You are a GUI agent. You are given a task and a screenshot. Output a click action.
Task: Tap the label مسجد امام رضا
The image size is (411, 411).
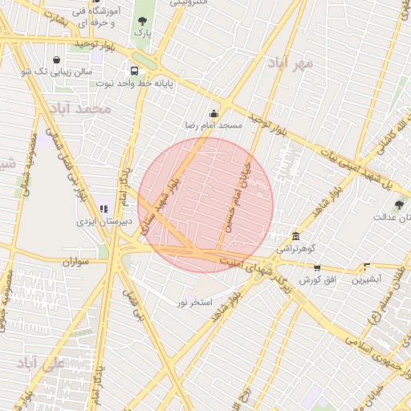click(x=215, y=126)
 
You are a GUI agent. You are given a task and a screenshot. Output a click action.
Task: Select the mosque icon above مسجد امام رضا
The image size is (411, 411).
click(x=214, y=113)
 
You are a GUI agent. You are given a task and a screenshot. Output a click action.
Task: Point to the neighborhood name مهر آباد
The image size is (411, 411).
click(x=291, y=62)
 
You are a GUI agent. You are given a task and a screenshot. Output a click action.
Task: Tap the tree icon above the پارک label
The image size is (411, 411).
click(x=142, y=21)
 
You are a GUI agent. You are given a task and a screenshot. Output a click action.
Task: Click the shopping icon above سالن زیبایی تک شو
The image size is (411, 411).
click(x=55, y=59)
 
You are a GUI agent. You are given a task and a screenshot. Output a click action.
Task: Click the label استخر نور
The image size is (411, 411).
click(x=195, y=302)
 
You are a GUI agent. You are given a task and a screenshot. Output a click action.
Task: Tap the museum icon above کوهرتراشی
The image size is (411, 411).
click(x=296, y=235)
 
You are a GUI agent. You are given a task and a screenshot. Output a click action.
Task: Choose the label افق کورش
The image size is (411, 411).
click(x=317, y=280)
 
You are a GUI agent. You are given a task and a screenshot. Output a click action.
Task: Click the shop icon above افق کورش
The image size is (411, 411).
click(x=317, y=268)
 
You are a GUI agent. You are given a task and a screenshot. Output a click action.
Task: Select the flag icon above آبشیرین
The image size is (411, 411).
click(x=367, y=267)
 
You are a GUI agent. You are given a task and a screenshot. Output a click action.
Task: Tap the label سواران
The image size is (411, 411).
click(x=73, y=261)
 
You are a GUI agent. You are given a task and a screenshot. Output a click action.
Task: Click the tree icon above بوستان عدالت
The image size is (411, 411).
click(x=399, y=205)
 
